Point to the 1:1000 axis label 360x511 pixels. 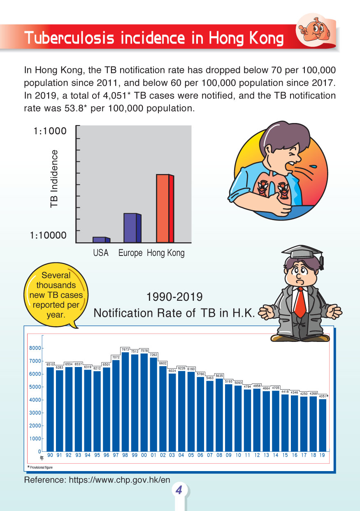[x=50, y=131]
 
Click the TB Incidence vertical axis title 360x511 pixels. [x=54, y=179]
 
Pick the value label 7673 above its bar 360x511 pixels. [x=125, y=349]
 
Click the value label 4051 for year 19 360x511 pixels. [x=322, y=396]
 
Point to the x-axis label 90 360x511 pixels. [x=50, y=455]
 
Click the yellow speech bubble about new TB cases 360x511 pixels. [x=56, y=295]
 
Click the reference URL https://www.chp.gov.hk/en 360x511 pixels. [x=97, y=480]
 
